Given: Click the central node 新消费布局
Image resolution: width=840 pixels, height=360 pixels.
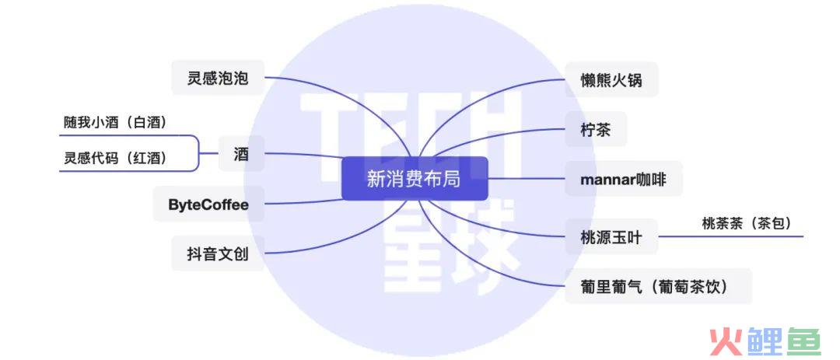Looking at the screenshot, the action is click(415, 178).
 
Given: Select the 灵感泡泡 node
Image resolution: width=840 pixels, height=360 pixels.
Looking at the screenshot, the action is click(218, 79).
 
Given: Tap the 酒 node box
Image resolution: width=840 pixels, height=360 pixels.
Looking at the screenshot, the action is click(241, 154).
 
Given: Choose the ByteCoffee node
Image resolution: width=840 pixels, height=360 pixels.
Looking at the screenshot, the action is click(208, 204).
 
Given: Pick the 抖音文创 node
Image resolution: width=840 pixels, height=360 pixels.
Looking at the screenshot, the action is click(218, 253).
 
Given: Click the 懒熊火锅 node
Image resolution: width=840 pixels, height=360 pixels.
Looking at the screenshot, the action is click(612, 80).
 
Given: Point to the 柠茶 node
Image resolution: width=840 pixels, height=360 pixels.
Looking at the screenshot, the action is click(596, 129).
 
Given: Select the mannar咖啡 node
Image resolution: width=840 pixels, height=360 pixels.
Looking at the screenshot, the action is click(624, 179).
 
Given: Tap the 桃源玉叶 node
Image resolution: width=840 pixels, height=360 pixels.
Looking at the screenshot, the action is click(612, 236).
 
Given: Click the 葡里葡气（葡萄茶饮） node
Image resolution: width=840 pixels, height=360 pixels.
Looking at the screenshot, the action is click(659, 286).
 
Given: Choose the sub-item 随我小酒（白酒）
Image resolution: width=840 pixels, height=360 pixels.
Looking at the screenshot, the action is click(115, 123).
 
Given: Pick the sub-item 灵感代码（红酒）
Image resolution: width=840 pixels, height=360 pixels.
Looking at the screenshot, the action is click(115, 159).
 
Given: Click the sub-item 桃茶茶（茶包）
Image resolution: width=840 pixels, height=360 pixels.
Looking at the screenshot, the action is click(747, 223).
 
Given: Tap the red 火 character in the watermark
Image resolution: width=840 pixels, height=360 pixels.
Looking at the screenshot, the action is click(726, 341).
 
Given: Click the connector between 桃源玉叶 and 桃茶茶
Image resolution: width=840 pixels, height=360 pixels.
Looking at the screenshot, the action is click(730, 236).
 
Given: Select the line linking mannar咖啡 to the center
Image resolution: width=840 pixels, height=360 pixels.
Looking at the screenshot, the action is click(527, 178).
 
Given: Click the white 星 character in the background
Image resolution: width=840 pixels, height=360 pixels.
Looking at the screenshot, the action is click(415, 247).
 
